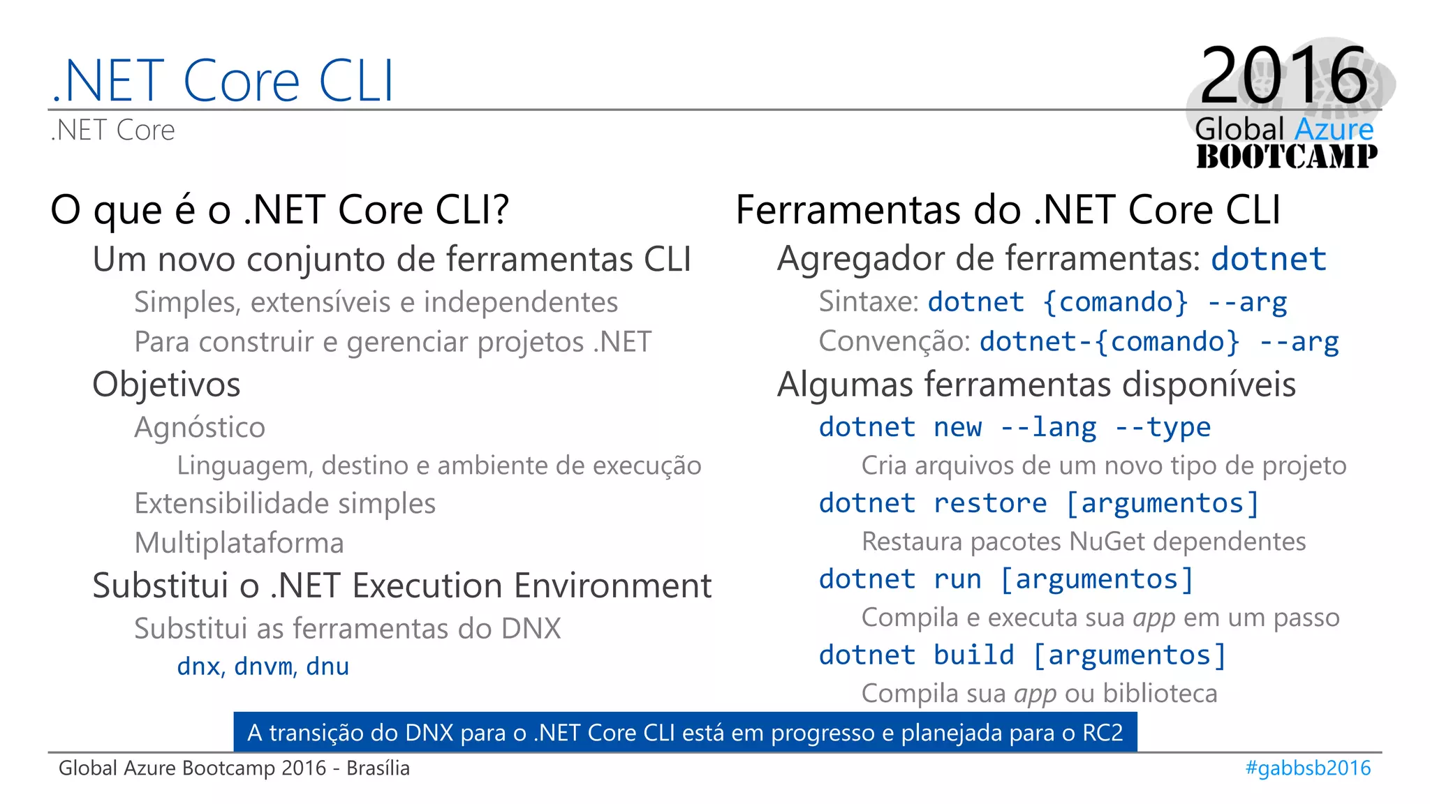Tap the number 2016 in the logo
1283,75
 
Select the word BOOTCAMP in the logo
1286,156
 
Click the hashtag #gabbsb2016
1308,768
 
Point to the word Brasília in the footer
378,768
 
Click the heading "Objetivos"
166,385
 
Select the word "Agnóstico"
200,427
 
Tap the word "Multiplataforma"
239,543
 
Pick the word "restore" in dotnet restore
990,503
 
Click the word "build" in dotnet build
973,655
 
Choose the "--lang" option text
1048,427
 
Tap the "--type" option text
1163,427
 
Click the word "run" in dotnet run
957,579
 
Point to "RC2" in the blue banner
1103,733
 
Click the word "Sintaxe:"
869,301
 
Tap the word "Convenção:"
894,341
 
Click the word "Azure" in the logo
1334,130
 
